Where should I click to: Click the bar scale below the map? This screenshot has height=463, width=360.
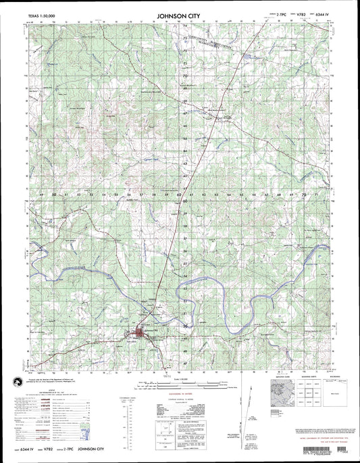181,389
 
